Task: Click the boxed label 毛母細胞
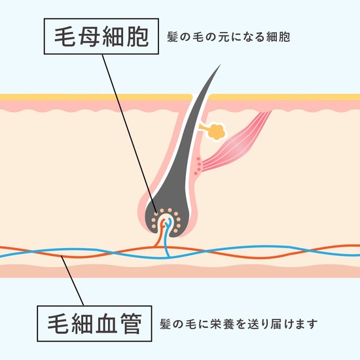pyautogui.click(x=101, y=36)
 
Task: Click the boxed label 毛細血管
pyautogui.click(x=94, y=323)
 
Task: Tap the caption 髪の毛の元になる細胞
pyautogui.click(x=228, y=37)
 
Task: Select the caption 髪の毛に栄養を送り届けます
pyautogui.click(x=239, y=324)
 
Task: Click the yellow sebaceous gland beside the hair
pyautogui.click(x=217, y=132)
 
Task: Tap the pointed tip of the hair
pyautogui.click(x=221, y=65)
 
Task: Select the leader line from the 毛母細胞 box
pyautogui.click(x=130, y=134)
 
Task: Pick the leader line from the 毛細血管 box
pyautogui.click(x=72, y=281)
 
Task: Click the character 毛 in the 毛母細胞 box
pyautogui.click(x=65, y=37)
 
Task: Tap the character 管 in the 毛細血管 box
pyautogui.click(x=131, y=323)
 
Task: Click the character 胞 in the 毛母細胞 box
pyautogui.click(x=137, y=37)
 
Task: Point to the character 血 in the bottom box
pyautogui.click(x=107, y=323)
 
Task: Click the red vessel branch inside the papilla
pyautogui.click(x=161, y=231)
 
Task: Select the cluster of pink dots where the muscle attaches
pyautogui.click(x=198, y=166)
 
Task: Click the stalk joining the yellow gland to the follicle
pyautogui.click(x=203, y=127)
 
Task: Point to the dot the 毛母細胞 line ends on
pyautogui.click(x=156, y=213)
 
